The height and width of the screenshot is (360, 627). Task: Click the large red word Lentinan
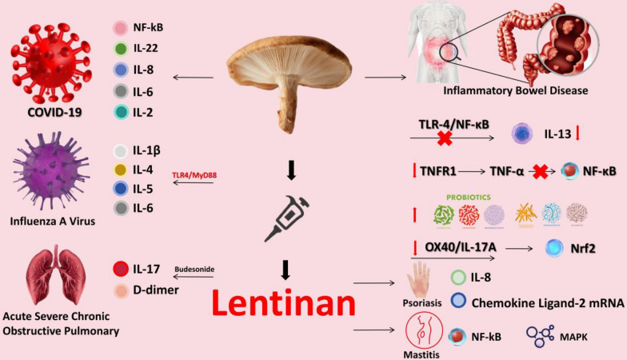tap(285, 304)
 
